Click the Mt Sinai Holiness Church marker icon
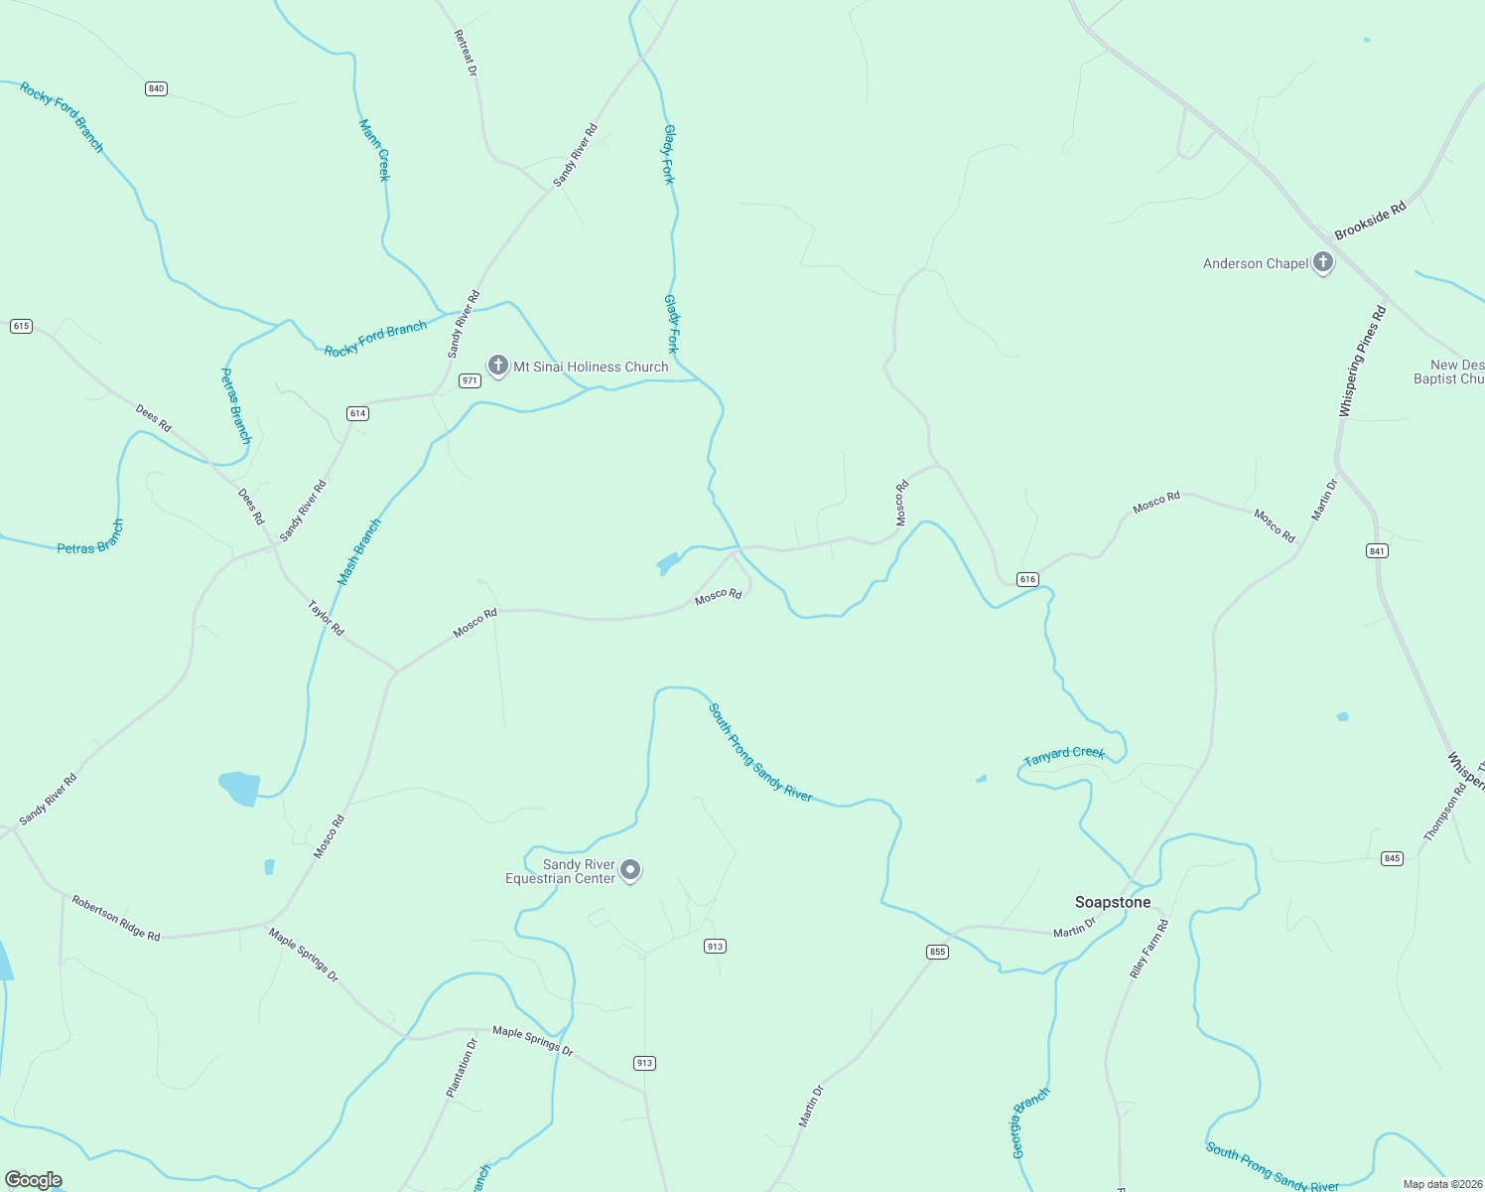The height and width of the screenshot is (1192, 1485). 498,366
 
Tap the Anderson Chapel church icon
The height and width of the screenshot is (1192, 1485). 1322,262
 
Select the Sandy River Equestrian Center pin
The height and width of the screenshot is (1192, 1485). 630,870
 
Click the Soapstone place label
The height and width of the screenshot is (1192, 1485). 1113,902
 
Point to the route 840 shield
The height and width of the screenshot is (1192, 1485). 156,88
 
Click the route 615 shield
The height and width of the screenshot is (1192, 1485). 21,326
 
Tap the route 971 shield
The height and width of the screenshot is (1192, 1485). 470,380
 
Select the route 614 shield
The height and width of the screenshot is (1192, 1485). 357,413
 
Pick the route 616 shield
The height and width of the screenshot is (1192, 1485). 1027,579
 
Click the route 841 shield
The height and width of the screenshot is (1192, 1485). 1376,550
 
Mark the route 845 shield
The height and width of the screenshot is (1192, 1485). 1392,858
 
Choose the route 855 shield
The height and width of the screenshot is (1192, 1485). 937,952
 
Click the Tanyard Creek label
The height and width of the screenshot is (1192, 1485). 1064,756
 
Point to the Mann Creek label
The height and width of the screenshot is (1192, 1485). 375,150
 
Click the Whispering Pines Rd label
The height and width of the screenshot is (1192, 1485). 1362,362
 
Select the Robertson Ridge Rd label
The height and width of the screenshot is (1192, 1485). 115,918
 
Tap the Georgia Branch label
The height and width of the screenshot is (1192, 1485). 1029,1122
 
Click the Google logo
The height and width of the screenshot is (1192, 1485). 34,1180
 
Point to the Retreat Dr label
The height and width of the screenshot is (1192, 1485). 466,53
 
